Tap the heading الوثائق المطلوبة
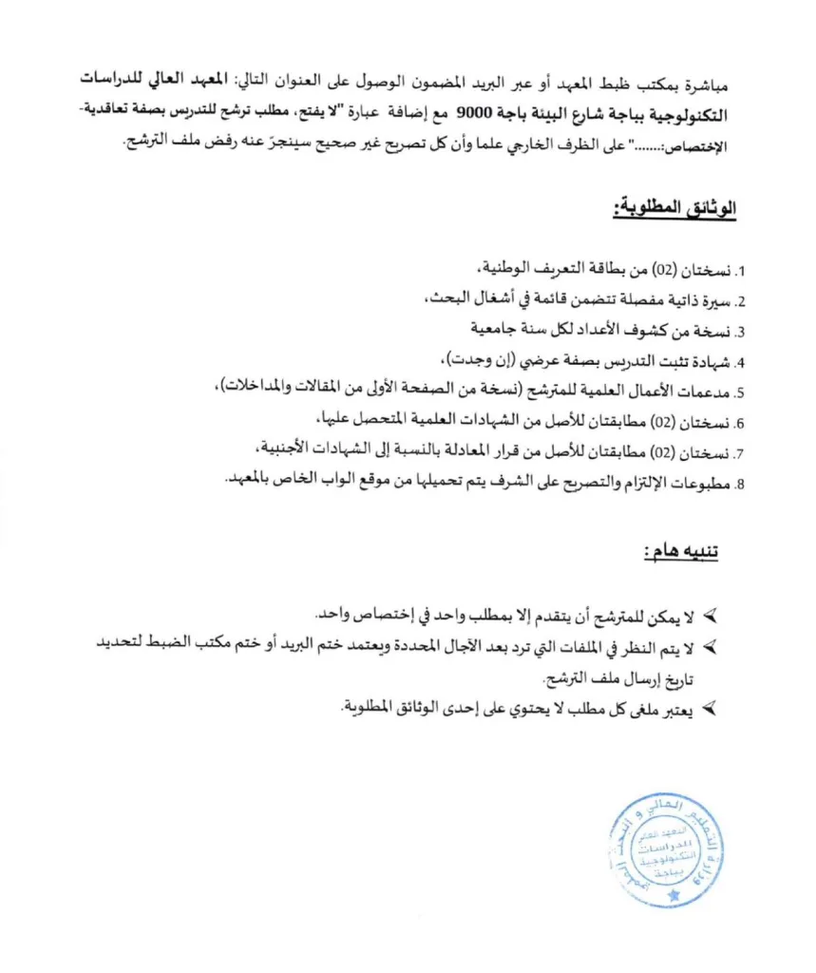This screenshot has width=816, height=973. tap(676, 208)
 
